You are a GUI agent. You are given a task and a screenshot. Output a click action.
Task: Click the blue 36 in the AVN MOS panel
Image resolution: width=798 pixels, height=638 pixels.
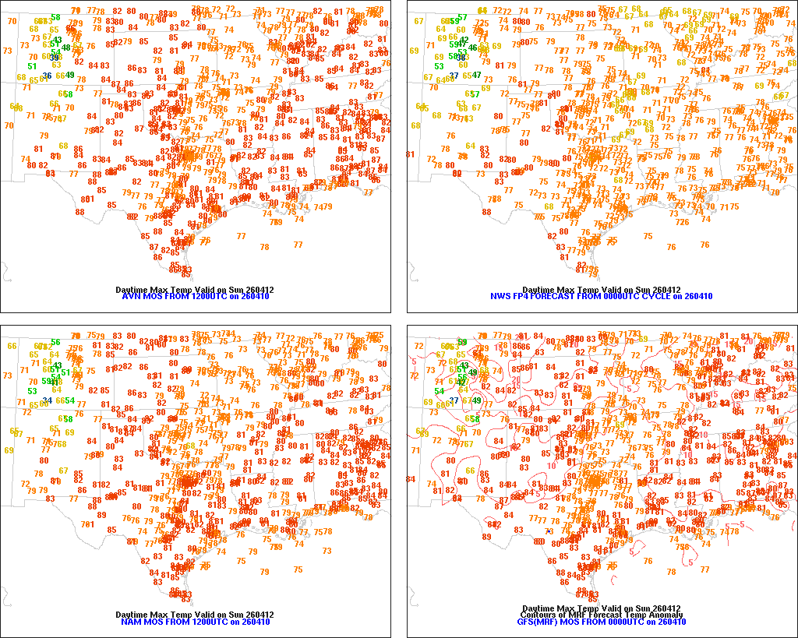pyautogui.click(x=48, y=76)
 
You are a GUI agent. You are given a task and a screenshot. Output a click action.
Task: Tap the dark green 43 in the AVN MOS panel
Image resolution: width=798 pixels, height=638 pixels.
pyautogui.click(x=57, y=40)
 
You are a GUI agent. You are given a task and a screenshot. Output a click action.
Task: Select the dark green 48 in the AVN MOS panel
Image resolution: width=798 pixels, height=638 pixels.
pyautogui.click(x=66, y=48)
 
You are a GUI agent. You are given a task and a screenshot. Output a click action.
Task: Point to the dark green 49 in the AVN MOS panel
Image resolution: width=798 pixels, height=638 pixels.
pyautogui.click(x=70, y=75)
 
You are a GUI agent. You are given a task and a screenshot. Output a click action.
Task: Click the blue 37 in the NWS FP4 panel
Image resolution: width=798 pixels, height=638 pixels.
pyautogui.click(x=454, y=75)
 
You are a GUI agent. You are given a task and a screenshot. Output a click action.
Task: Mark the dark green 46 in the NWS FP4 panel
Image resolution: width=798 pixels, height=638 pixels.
pyautogui.click(x=472, y=48)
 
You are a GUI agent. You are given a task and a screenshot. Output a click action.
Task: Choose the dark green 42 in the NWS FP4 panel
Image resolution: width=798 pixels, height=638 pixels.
pyautogui.click(x=464, y=40)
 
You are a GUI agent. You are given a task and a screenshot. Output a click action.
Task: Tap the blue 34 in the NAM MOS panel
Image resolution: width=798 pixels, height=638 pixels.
pyautogui.click(x=48, y=400)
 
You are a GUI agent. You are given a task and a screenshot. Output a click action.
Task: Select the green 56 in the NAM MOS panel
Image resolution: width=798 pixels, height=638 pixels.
pyautogui.click(x=55, y=343)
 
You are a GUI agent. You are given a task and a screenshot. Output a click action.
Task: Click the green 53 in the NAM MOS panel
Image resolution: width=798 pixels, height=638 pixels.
pyautogui.click(x=32, y=391)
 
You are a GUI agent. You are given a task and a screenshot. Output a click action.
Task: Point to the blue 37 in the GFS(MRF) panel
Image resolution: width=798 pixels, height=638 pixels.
pyautogui.click(x=454, y=400)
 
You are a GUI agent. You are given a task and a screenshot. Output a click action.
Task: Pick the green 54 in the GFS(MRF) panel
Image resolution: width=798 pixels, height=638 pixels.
pyautogui.click(x=440, y=391)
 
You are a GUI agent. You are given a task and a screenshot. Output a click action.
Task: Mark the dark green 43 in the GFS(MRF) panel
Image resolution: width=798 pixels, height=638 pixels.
pyautogui.click(x=464, y=365)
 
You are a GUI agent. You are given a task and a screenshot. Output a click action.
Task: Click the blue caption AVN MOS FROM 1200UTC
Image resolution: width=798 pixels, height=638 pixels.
pyautogui.click(x=195, y=297)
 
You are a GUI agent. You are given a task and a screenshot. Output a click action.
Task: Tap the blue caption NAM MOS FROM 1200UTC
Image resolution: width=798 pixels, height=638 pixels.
pyautogui.click(x=195, y=622)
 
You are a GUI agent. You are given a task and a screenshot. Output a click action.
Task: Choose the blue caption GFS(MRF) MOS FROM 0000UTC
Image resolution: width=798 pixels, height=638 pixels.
pyautogui.click(x=601, y=622)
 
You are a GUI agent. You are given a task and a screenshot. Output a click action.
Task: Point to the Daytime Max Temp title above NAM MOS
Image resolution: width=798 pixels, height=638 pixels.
pyautogui.click(x=195, y=615)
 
